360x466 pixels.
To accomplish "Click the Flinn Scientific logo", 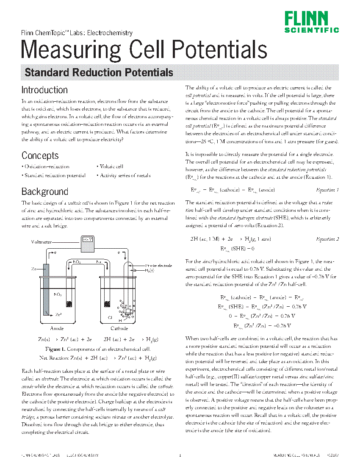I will [x=311, y=22].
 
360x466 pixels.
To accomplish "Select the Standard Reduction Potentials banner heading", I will [x=99, y=72].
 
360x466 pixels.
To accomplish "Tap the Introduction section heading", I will [x=44, y=90].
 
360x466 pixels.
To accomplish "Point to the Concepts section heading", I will [x=40, y=155].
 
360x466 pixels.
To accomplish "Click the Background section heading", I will [x=44, y=191].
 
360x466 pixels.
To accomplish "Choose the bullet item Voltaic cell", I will [x=111, y=166].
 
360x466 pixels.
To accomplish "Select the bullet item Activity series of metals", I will [x=124, y=175].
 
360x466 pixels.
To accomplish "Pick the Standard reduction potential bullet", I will [x=54, y=175].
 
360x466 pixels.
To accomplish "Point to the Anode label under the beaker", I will [x=57, y=329].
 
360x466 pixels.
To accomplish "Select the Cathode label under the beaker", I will [x=119, y=329].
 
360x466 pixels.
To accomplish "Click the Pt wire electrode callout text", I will [x=158, y=265].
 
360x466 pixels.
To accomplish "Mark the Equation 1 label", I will [x=328, y=190].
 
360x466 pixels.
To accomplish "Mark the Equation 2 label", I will [x=328, y=239].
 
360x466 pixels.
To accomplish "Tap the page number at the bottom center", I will [x=180, y=456].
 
